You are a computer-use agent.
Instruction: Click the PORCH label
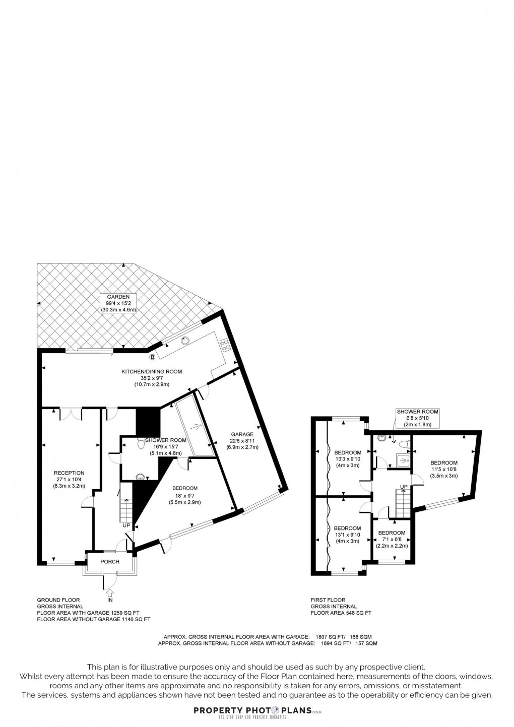[x=110, y=562]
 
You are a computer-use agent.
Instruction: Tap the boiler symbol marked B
[x=153, y=357]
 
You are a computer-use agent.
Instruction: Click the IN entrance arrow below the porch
[x=110, y=596]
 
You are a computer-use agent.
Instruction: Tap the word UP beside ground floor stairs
[x=126, y=525]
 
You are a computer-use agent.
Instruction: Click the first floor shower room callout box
[x=417, y=418]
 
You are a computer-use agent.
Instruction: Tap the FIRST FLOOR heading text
[x=328, y=600]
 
